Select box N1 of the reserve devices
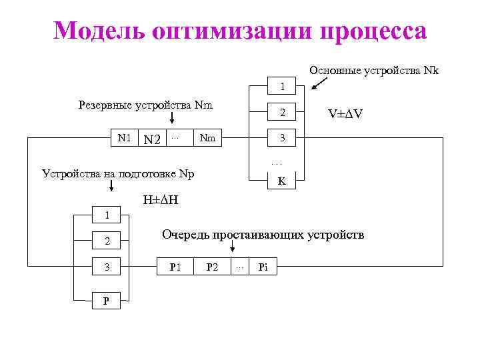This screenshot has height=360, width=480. click(x=125, y=138)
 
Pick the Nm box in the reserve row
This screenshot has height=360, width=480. click(x=207, y=138)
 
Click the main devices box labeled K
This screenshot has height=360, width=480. click(x=282, y=180)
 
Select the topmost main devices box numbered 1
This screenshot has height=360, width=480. click(x=282, y=87)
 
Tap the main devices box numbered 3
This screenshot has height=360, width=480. click(x=282, y=138)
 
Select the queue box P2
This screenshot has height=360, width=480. click(x=212, y=267)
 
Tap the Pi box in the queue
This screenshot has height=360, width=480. click(x=263, y=267)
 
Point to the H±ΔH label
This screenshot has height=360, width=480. click(x=161, y=200)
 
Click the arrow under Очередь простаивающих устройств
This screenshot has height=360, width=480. click(x=232, y=247)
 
